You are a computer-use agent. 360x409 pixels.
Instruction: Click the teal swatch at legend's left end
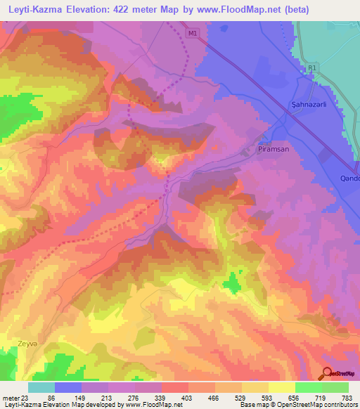click(x=41, y=387)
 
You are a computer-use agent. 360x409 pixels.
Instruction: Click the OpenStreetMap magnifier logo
click(x=328, y=373)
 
